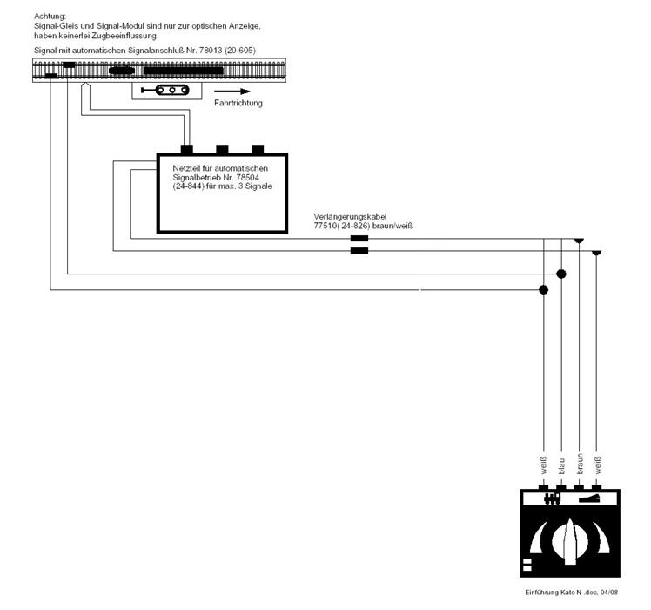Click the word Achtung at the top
50,17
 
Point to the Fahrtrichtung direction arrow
232,91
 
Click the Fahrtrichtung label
238,103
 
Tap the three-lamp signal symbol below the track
165,90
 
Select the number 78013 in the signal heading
211,51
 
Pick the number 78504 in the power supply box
248,177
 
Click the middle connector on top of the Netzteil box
222,149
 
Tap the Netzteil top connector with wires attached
187,149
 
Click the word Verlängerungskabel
350,217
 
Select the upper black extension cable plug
359,238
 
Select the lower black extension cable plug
359,251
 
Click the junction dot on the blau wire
561,274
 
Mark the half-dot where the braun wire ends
579,241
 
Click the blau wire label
561,466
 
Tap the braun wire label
580,464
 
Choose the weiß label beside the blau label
543,465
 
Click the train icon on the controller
552,498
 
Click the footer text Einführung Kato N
553,592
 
